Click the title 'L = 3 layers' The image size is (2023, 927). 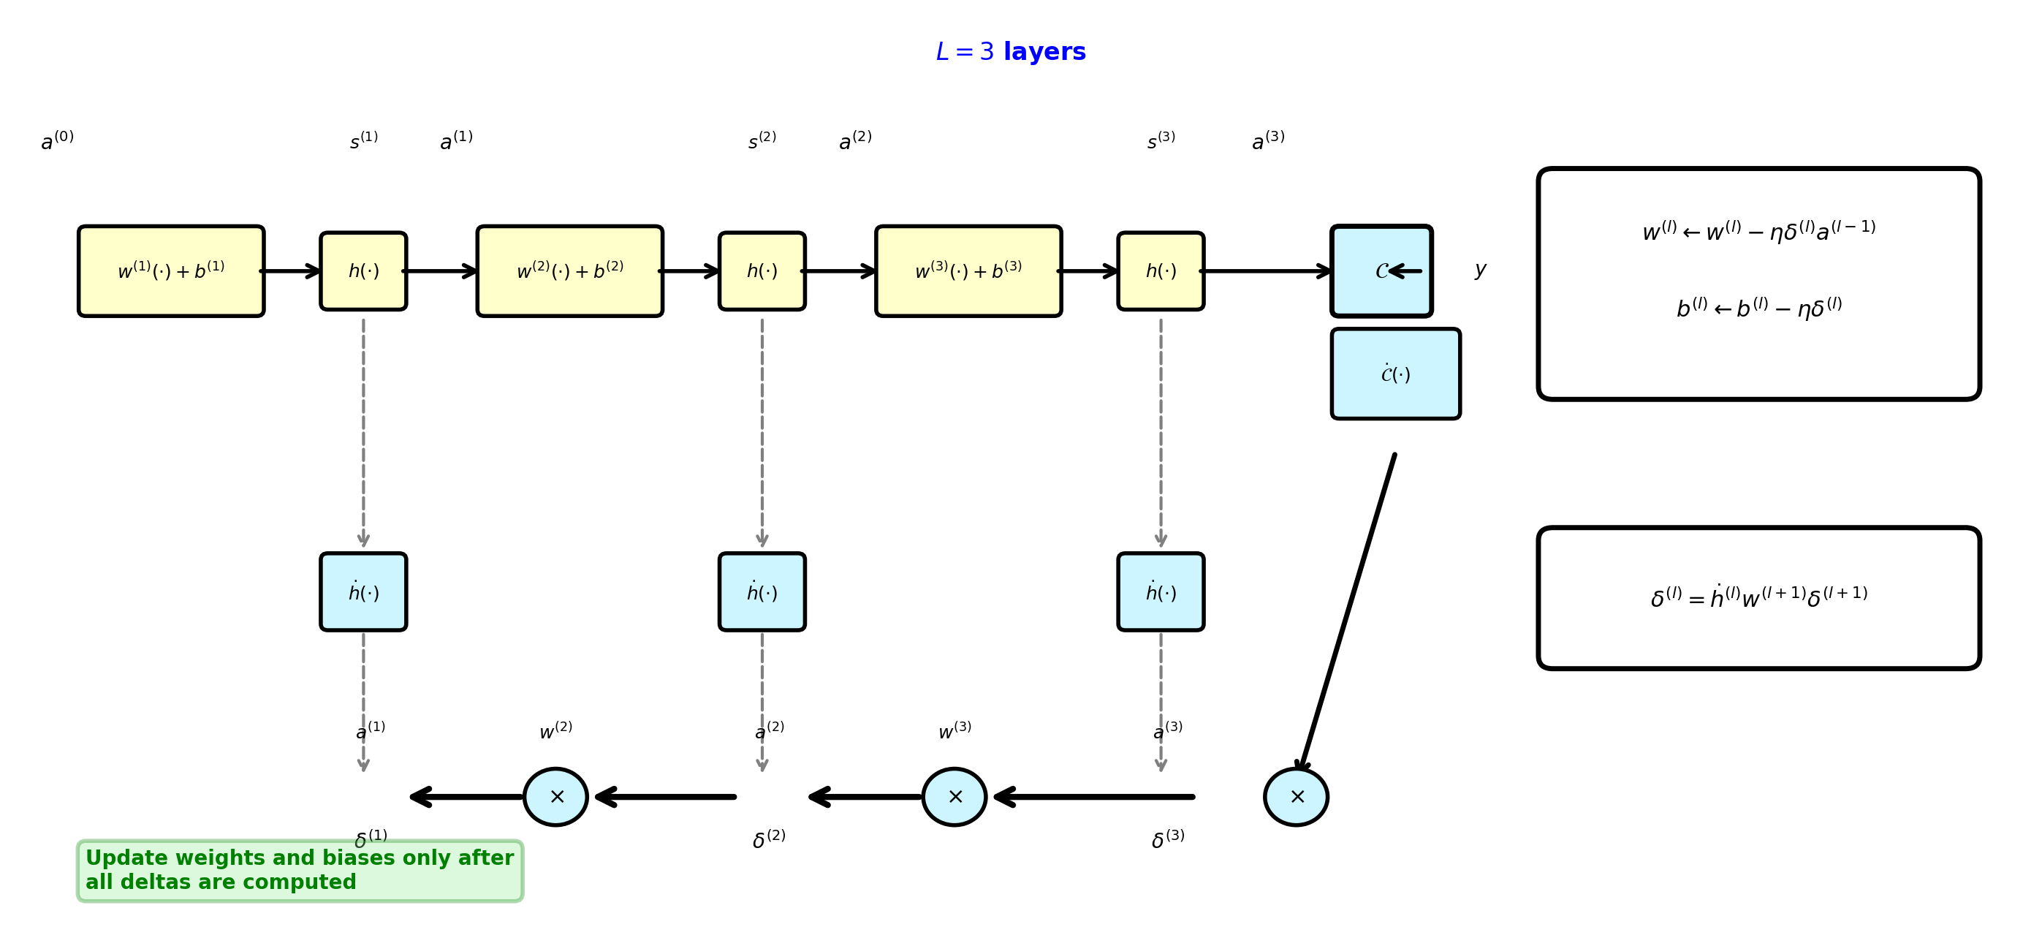click(1010, 52)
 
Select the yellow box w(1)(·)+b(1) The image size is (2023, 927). click(171, 271)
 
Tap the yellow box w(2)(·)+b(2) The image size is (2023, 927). click(569, 271)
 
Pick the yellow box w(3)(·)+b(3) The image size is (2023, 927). click(968, 271)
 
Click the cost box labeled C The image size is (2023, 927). click(1381, 271)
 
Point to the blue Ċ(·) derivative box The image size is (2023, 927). click(1395, 374)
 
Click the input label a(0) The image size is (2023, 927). click(57, 140)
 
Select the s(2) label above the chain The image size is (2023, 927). click(762, 140)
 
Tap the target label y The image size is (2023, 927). click(1479, 270)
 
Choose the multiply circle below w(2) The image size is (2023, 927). click(555, 797)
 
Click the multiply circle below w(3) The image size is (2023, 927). click(954, 797)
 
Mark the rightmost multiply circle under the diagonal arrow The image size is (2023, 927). click(1296, 797)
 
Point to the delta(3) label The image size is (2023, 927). click(1168, 839)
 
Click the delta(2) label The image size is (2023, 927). click(769, 839)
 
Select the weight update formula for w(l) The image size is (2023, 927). click(1758, 231)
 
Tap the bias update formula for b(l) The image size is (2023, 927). click(1758, 307)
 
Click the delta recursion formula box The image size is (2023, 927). click(1758, 598)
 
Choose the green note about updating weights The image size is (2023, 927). click(300, 870)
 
